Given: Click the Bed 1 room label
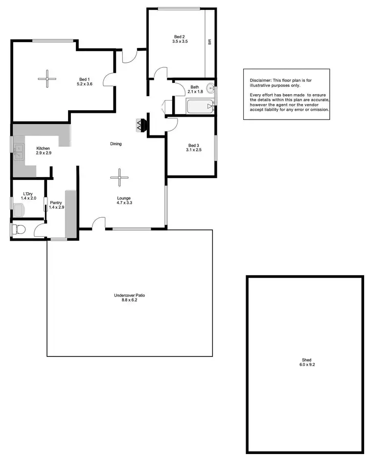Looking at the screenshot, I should tap(85, 79).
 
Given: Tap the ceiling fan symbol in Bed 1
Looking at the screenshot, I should tap(47, 78).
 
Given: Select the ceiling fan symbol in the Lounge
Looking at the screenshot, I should tap(118, 178).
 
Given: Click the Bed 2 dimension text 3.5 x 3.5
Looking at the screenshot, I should tap(180, 42).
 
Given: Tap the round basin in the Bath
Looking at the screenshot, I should tap(210, 89).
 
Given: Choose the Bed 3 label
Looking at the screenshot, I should tap(194, 145).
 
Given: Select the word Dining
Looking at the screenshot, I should tap(115, 144).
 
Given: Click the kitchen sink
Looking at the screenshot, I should tap(19, 152).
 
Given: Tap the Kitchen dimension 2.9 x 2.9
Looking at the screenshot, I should tap(44, 153).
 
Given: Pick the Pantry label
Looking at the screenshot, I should tap(56, 202).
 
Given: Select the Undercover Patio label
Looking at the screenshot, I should tap(129, 295).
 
